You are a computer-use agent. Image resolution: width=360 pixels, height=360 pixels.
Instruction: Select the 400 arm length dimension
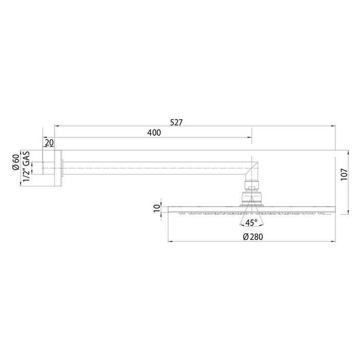[154, 133]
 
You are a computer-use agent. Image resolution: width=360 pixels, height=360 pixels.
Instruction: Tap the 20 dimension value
[49, 142]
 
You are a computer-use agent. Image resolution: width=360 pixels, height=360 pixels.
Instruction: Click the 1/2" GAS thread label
[25, 166]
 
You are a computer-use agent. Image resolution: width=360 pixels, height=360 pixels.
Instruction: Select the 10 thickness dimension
[157, 208]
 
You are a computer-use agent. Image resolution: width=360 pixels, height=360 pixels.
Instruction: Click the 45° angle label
[251, 223]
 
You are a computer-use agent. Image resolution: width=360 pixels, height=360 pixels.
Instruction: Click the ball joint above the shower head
[251, 196]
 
